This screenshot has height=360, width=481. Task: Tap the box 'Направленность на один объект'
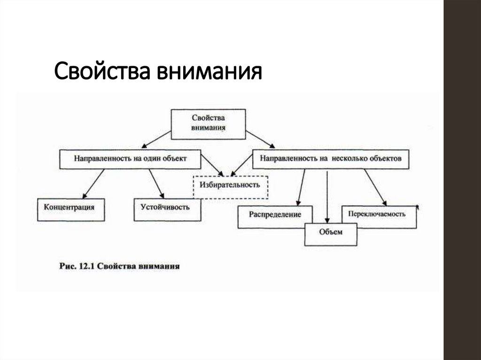(130, 159)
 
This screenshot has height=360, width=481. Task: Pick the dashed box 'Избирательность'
(230, 184)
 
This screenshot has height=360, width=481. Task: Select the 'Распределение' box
(269, 215)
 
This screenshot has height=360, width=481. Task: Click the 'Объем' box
(331, 233)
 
